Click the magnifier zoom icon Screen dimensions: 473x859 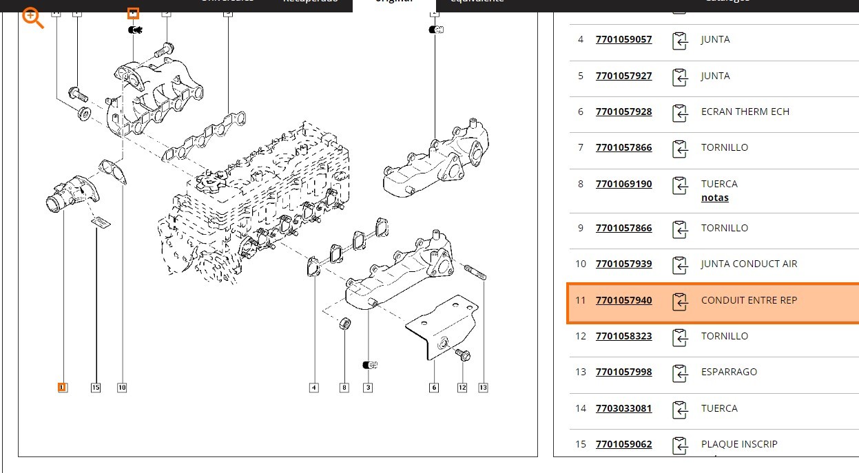[x=32, y=18]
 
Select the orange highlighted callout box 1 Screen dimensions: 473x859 [x=62, y=388]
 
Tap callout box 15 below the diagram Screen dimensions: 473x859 [x=96, y=388]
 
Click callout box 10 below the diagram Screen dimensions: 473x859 [x=122, y=388]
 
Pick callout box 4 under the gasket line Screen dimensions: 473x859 [x=314, y=388]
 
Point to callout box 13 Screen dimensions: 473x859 [x=483, y=388]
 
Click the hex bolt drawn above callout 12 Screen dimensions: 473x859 [x=462, y=355]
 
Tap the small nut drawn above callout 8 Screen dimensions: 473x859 [x=345, y=323]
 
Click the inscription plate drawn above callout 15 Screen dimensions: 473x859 [x=101, y=222]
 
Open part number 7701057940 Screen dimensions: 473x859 [x=623, y=300]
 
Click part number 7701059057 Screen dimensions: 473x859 [x=623, y=39]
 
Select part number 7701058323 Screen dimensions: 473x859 [x=623, y=336]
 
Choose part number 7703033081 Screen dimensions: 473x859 [x=623, y=408]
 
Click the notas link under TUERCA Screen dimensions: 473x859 [x=714, y=198]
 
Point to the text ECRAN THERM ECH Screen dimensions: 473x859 [x=745, y=112]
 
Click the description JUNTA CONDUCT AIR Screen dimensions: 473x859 [x=748, y=264]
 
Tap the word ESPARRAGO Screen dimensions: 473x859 [x=729, y=372]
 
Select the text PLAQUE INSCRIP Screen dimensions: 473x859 [x=739, y=444]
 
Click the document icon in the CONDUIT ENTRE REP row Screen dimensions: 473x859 [x=680, y=301]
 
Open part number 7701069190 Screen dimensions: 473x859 [x=623, y=184]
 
